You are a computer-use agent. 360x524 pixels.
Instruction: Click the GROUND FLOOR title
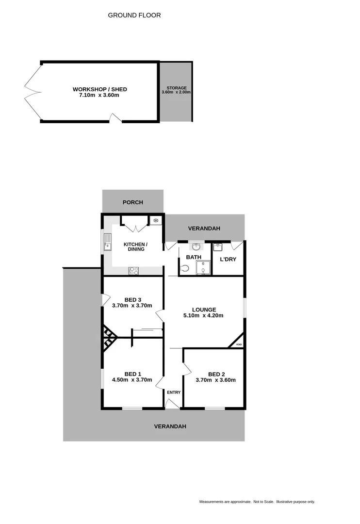[134, 16]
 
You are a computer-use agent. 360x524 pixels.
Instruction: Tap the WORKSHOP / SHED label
[99, 89]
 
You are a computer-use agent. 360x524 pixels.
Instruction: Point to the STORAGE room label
[176, 88]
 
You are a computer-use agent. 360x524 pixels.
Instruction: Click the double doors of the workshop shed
[32, 91]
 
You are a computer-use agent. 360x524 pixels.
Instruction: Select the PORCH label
[132, 202]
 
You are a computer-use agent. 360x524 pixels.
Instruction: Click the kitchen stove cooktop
[133, 270]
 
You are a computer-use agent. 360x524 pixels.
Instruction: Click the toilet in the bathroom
[184, 268]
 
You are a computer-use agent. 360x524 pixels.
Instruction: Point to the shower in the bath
[203, 267]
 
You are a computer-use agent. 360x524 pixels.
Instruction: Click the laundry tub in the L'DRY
[217, 246]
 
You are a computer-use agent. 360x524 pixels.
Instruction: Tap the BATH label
[193, 257]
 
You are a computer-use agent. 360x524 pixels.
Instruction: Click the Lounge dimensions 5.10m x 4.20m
[204, 315]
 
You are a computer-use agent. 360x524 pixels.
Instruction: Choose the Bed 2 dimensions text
[215, 380]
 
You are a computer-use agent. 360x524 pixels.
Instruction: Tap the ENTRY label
[173, 393]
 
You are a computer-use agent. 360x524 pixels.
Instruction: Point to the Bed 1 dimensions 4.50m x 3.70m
[132, 380]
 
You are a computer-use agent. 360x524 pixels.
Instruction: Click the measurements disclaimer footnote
[257, 502]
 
